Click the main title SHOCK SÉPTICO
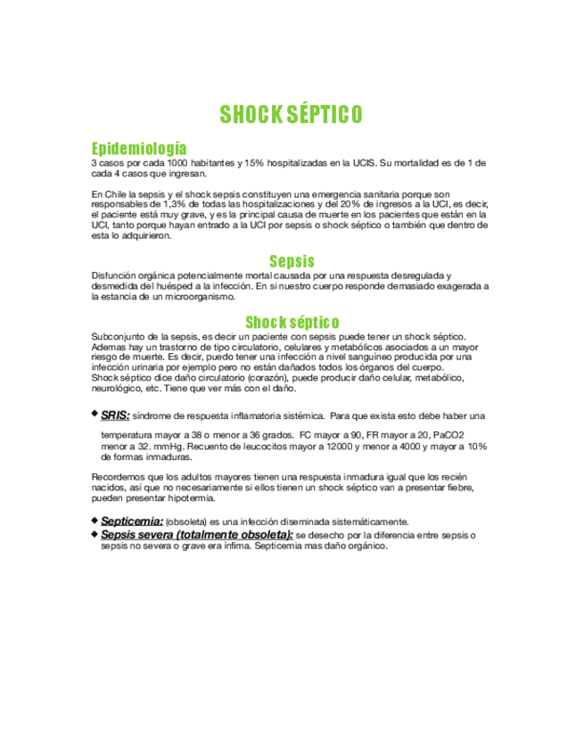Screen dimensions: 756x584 (292, 115)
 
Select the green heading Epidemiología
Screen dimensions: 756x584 (139, 148)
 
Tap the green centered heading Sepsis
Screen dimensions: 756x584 (292, 261)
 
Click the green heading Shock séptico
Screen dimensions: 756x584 (292, 321)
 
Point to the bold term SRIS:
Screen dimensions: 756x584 (115, 415)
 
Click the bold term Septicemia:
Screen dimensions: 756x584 (132, 521)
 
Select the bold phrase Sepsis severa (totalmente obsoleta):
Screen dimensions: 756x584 (196, 534)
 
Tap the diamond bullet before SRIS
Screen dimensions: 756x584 (95, 414)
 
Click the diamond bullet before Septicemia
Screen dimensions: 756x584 (95, 520)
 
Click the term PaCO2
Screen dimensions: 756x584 (445, 434)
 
